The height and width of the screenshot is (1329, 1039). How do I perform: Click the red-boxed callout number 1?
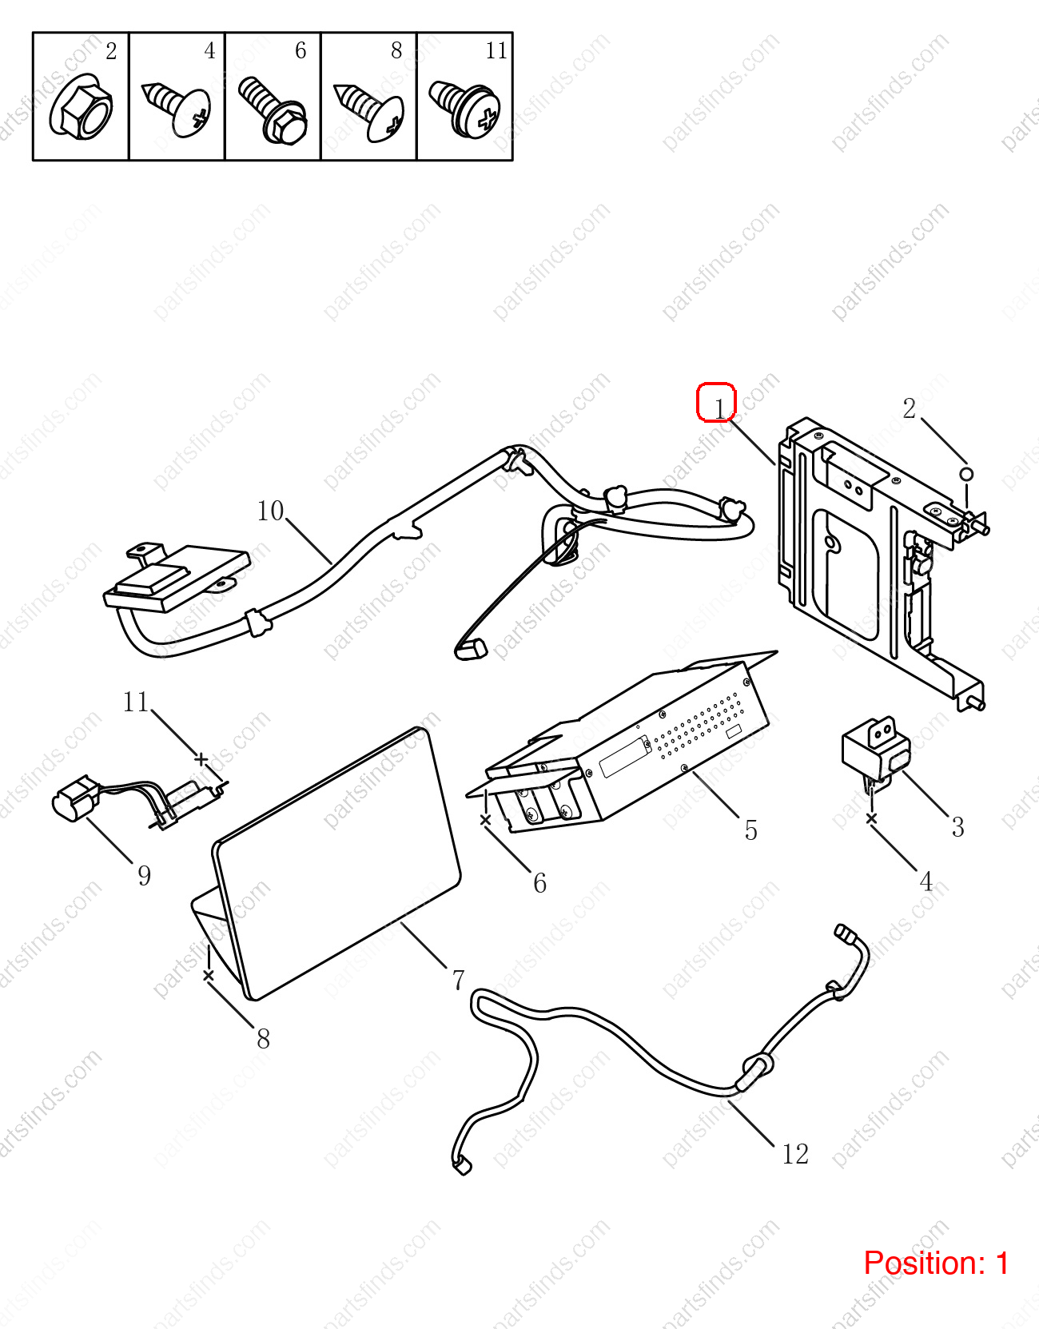tap(719, 408)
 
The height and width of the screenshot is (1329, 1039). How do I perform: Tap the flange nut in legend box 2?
tap(81, 107)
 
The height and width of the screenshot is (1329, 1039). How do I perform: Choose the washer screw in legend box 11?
tap(465, 108)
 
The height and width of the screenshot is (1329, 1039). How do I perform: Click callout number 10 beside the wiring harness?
tap(270, 511)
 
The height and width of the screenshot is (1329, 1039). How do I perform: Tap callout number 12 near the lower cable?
tap(795, 1154)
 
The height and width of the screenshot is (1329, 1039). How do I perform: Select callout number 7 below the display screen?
tap(459, 980)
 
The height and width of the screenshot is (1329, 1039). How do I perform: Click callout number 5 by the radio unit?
tap(751, 830)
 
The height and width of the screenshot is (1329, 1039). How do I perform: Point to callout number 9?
tap(145, 875)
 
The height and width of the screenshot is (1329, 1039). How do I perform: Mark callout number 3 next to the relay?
tap(957, 827)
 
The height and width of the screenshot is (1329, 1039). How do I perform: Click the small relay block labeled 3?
tap(876, 751)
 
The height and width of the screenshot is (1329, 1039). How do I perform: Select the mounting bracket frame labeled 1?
tap(881, 563)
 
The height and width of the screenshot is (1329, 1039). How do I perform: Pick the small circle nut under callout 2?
tap(966, 474)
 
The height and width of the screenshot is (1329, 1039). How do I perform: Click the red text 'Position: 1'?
tap(936, 1263)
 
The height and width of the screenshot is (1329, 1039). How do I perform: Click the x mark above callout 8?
tap(209, 976)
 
